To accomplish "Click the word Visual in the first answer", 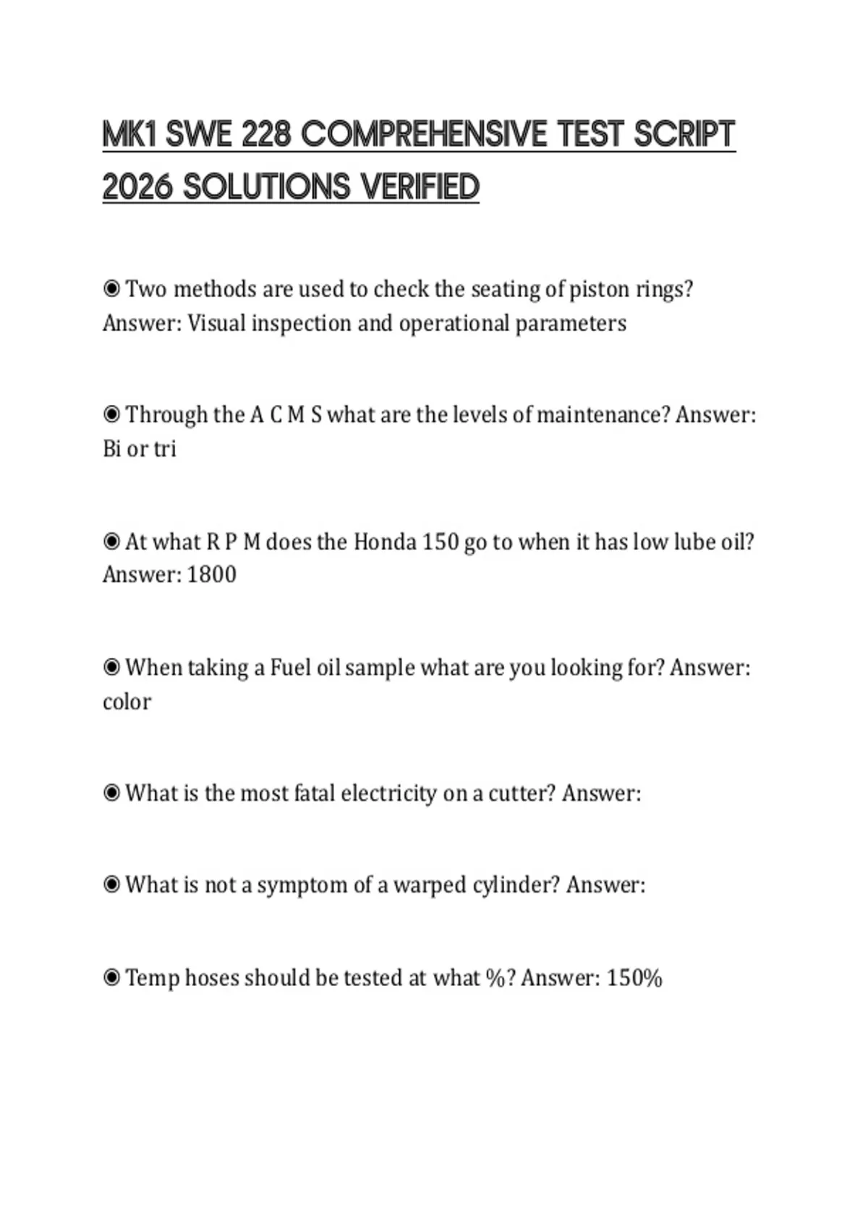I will (x=216, y=323).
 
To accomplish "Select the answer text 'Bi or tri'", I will (x=140, y=449).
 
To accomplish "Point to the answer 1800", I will (x=211, y=575).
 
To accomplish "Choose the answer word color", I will (x=127, y=702).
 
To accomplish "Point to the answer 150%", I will (x=634, y=978).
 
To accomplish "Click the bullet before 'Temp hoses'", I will (x=111, y=978).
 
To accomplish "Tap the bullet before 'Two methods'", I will (x=111, y=289).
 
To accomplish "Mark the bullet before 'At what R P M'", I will (x=111, y=541).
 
